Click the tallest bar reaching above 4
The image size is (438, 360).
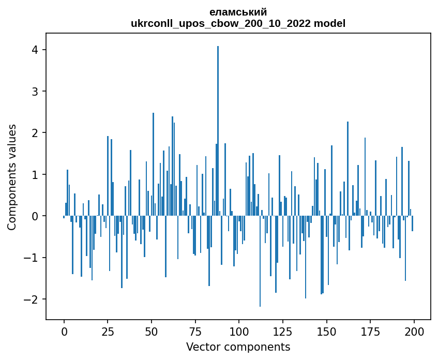click(x=218, y=131)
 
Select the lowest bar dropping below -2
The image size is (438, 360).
click(x=260, y=261)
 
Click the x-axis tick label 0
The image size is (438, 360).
click(x=64, y=332)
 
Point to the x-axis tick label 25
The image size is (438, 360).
click(x=108, y=332)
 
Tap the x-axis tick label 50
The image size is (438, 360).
click(x=152, y=332)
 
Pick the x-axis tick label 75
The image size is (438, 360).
click(x=195, y=332)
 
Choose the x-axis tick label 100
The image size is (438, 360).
click(x=239, y=332)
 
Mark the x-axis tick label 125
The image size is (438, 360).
click(x=283, y=332)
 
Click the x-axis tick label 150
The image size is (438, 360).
click(x=326, y=332)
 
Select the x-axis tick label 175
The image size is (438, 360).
click(x=370, y=332)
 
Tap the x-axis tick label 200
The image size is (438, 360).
click(x=414, y=332)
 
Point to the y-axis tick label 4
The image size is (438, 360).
click(x=35, y=50)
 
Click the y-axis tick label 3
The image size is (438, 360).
click(x=35, y=92)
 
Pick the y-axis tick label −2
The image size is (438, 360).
click(x=31, y=299)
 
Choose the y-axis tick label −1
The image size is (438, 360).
click(x=31, y=258)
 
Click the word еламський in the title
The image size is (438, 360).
click(x=238, y=12)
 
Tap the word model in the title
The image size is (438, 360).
click(x=329, y=23)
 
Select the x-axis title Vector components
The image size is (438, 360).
click(x=238, y=347)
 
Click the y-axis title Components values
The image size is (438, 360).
click(x=12, y=177)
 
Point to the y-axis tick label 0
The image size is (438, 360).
click(x=35, y=216)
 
